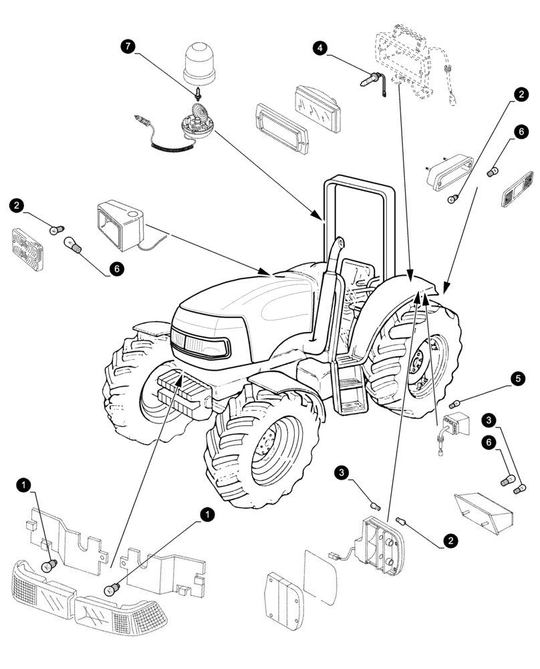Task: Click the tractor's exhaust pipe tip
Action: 340,242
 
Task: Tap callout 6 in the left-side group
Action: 116,268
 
